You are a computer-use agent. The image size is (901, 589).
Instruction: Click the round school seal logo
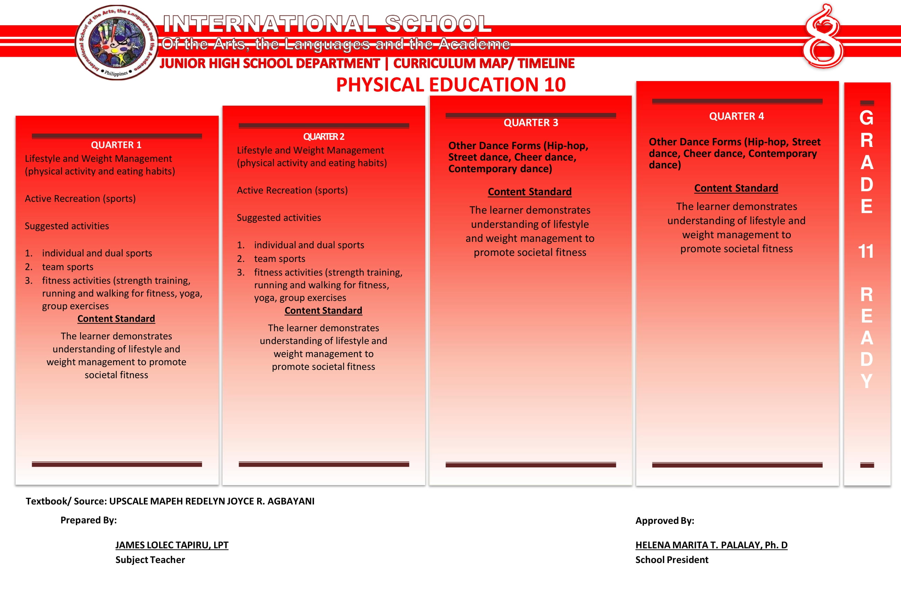pyautogui.click(x=116, y=42)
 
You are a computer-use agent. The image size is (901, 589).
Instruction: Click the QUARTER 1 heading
pyautogui.click(x=116, y=145)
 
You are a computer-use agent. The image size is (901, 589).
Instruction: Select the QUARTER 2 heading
pyautogui.click(x=324, y=137)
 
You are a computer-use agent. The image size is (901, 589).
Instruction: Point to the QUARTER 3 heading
pyautogui.click(x=531, y=123)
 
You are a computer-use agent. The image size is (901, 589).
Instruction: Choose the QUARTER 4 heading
pyautogui.click(x=736, y=116)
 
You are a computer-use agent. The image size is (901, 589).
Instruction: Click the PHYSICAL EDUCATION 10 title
pyautogui.click(x=451, y=85)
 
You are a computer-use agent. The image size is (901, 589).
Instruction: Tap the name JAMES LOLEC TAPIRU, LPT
pyautogui.click(x=172, y=545)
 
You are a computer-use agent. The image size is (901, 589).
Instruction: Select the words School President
pyautogui.click(x=672, y=560)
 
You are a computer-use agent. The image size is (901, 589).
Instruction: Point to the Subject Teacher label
pyautogui.click(x=150, y=560)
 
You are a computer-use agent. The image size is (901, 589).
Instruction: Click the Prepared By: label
pyautogui.click(x=89, y=520)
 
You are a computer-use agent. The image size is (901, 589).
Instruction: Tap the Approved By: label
pyautogui.click(x=664, y=520)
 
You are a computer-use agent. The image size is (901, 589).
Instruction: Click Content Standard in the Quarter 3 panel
pyautogui.click(x=530, y=192)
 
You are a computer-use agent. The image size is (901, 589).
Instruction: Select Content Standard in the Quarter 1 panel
pyautogui.click(x=116, y=319)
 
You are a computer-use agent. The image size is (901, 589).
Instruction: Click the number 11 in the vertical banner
pyautogui.click(x=866, y=251)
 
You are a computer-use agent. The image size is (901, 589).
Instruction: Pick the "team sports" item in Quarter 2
pyautogui.click(x=279, y=258)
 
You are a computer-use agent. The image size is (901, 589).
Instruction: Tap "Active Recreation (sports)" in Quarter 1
pyautogui.click(x=80, y=199)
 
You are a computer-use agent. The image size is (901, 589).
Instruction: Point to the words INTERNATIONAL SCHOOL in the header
pyautogui.click(x=327, y=24)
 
